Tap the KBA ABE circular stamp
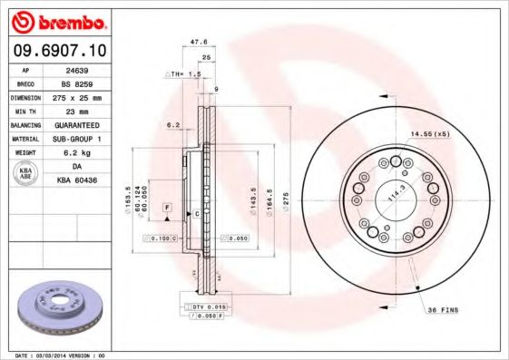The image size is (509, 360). (x=25, y=174)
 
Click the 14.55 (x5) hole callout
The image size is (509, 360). (x=429, y=133)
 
